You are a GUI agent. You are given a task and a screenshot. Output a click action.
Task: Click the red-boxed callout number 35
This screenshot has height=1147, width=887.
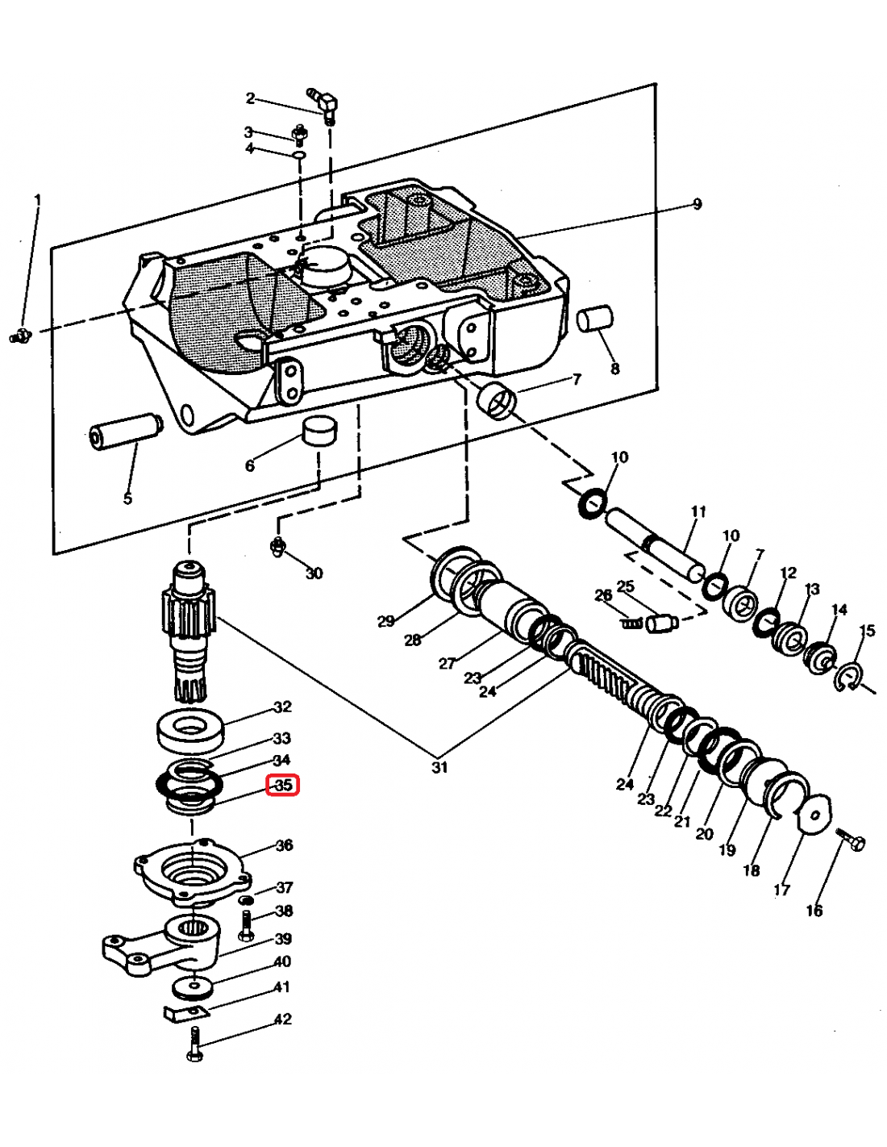pos(283,785)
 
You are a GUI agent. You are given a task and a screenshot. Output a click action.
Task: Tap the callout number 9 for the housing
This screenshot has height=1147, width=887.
pos(698,204)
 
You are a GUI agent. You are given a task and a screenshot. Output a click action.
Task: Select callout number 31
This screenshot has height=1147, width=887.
pos(439,767)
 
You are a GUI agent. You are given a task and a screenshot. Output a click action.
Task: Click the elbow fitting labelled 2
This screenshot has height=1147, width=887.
pos(327,103)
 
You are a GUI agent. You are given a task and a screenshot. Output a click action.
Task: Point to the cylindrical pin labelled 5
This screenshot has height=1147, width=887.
pos(123,432)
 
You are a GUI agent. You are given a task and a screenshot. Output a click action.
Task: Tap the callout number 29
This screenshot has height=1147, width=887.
pos(386,620)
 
